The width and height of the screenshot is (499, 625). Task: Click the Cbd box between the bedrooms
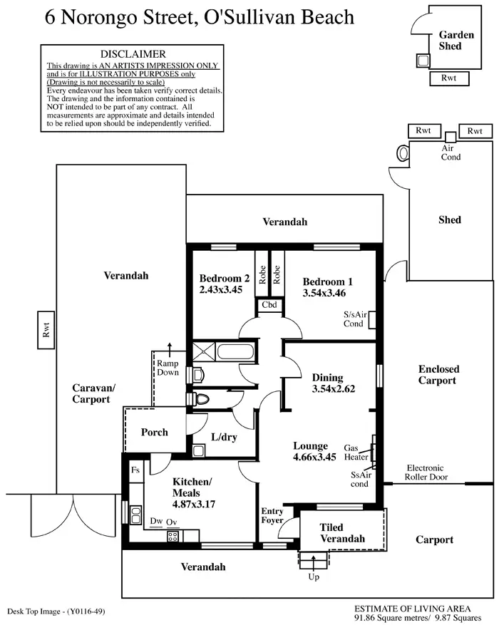coord(270,306)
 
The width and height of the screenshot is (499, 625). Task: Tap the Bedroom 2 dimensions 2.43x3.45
coord(222,291)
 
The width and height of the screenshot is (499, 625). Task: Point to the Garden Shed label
coord(451,40)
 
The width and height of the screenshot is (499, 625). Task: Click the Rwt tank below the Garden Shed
coord(449,78)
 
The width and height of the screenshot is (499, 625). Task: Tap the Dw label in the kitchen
coord(156,522)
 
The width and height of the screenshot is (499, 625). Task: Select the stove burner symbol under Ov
coord(172,537)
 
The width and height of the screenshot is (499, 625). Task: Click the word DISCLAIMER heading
coord(133,54)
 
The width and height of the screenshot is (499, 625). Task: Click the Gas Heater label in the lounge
coord(355,452)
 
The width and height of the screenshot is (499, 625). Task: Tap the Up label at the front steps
coord(314,577)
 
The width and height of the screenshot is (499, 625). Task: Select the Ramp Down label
coord(168,366)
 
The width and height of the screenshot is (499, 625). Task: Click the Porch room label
coord(154,432)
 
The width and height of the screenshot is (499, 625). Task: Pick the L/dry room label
coord(224,438)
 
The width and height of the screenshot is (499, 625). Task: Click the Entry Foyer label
coord(272,516)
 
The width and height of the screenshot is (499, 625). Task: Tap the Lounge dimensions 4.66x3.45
coord(314,458)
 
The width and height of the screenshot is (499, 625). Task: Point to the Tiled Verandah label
coord(342,533)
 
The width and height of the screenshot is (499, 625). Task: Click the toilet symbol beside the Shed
coord(403,152)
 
